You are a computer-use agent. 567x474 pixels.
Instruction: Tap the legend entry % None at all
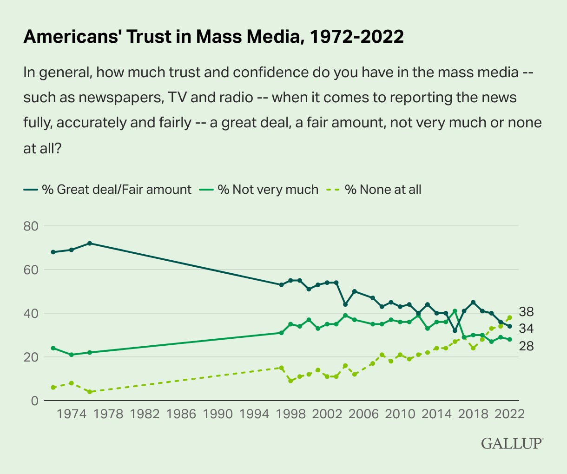pyautogui.click(x=383, y=190)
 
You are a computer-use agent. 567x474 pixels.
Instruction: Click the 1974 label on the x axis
pyautogui.click(x=72, y=414)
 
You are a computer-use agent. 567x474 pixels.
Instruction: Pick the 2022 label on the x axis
pyautogui.click(x=509, y=414)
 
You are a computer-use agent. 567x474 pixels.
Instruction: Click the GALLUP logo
pyautogui.click(x=512, y=443)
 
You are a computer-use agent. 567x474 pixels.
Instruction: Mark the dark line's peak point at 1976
pyautogui.click(x=90, y=243)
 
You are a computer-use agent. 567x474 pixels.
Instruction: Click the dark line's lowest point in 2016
pyautogui.click(x=455, y=331)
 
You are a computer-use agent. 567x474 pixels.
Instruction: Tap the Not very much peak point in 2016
pyautogui.click(x=455, y=311)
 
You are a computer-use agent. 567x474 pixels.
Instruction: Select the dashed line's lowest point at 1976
pyautogui.click(x=90, y=392)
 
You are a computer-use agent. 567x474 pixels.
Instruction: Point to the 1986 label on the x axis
pyautogui.click(x=182, y=414)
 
